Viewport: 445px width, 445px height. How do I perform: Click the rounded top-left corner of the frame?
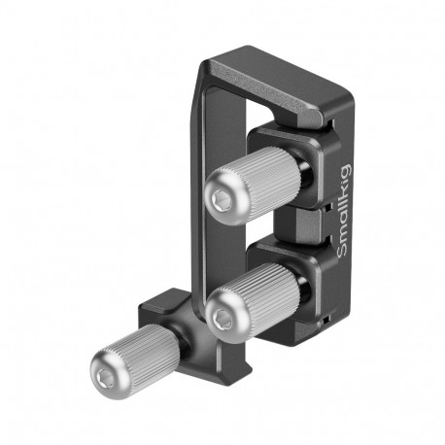point(209,70)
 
